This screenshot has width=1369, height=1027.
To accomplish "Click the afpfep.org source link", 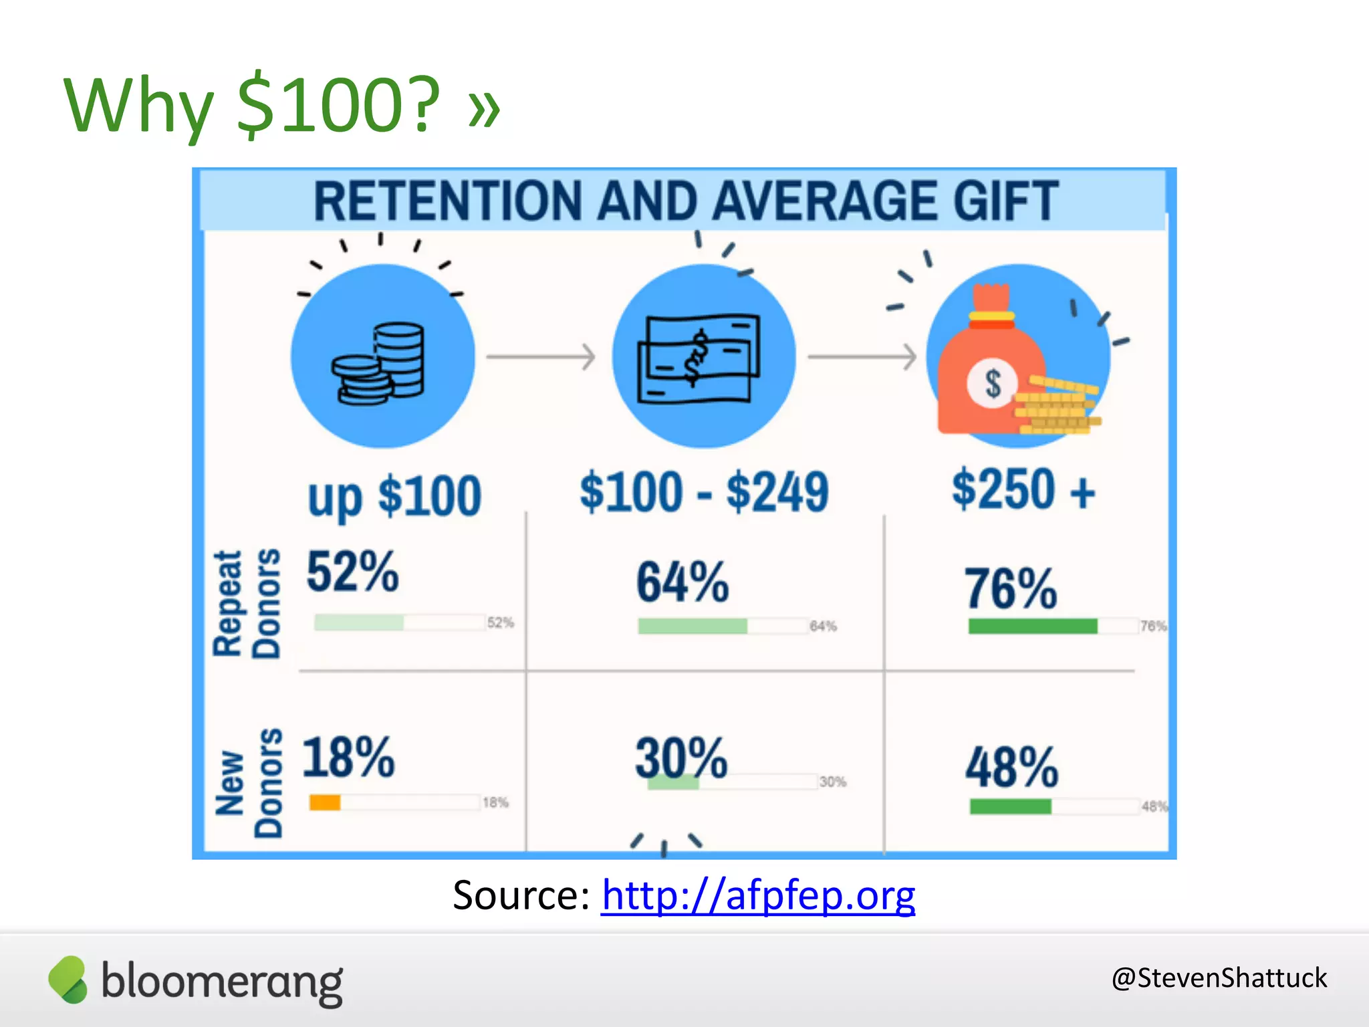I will (758, 895).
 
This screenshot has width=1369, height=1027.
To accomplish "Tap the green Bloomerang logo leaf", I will (68, 980).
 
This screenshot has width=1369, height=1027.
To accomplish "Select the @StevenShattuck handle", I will (1219, 978).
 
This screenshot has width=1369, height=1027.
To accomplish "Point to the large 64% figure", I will (682, 582).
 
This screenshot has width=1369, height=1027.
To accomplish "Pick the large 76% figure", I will (1011, 588).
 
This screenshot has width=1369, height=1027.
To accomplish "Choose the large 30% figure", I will (681, 758).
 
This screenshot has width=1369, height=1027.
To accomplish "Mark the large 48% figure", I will (1011, 767).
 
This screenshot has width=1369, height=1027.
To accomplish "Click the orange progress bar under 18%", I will (325, 802).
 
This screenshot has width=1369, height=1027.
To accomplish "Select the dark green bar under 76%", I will (1033, 626).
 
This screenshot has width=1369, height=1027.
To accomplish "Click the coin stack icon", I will (380, 363).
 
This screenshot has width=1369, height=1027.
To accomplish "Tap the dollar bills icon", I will (699, 358).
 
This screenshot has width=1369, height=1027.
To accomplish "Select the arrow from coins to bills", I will (541, 356).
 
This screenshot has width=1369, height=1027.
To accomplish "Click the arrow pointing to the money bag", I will (862, 356).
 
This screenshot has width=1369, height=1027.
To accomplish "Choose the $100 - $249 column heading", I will (705, 492).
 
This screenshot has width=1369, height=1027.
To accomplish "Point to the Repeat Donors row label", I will (247, 604).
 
